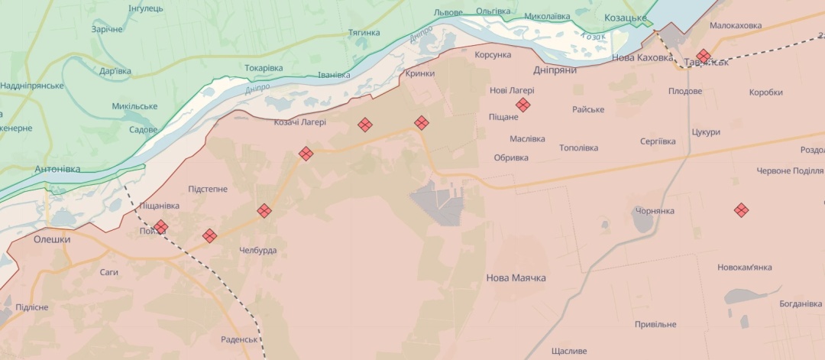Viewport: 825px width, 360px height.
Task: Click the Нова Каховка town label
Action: pos(642,57)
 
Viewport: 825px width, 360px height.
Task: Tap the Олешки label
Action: pos(52,239)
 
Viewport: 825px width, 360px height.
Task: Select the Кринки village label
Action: pos(420,73)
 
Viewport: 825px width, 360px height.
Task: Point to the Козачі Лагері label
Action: pos(300,122)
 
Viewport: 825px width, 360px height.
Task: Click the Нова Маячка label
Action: pos(516,278)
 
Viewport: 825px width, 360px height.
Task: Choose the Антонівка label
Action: pos(57,169)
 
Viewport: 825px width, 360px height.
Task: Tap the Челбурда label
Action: pos(257,251)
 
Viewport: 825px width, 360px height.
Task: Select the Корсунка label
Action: pos(493,56)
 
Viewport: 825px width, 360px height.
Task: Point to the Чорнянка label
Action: pos(652,210)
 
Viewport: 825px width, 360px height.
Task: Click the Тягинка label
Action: pos(364,33)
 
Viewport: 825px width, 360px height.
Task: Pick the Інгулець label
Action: pos(146,8)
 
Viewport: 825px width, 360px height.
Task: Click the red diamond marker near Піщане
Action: pos(523,105)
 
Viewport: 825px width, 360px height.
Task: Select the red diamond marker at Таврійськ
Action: pos(704,56)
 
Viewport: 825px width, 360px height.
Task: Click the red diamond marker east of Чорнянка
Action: pos(741,209)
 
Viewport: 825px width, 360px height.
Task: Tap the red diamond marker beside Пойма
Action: pos(160,227)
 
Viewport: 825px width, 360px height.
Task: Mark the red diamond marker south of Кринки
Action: pos(422,122)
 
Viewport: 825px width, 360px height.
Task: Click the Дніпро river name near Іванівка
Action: pos(257,89)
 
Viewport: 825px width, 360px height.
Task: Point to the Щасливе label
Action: pos(568,352)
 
